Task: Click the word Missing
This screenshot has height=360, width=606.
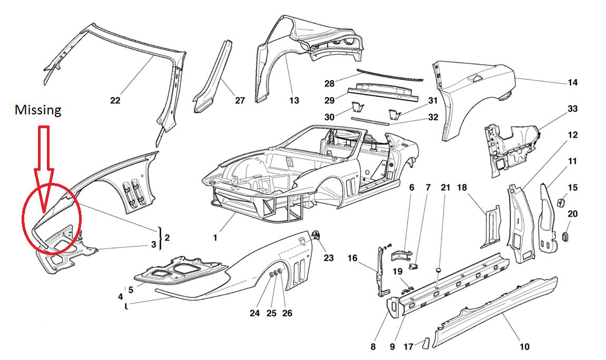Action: coord(38,110)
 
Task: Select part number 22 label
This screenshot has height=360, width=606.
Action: coord(115,100)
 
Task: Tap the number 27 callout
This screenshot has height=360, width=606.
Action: coord(240,100)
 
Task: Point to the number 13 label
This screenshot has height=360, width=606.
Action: coord(294,100)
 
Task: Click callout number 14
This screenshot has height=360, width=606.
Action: coord(573,82)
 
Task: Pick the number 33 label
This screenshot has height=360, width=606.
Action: coord(573,109)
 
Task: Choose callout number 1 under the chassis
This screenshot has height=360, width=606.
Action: coord(215,238)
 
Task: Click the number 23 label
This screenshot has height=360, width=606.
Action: coord(328,258)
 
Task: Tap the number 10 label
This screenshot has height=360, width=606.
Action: coord(524,346)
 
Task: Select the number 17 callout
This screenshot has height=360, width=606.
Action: coord(408,347)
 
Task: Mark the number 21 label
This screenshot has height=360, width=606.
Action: coord(445,188)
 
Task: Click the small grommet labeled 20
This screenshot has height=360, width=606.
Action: coord(568,235)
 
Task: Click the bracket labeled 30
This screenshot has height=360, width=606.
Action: coord(357,108)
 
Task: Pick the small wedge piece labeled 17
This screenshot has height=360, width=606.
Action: coord(422,344)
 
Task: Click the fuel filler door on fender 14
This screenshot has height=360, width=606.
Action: coord(475,78)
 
